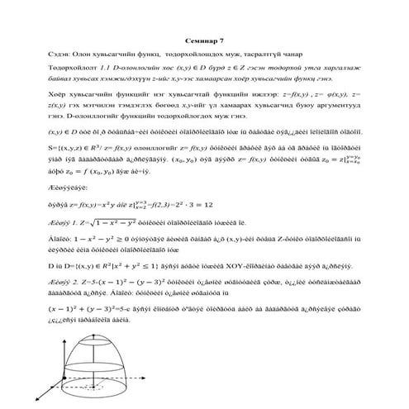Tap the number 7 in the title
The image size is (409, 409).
pyautogui.click(x=220, y=38)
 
